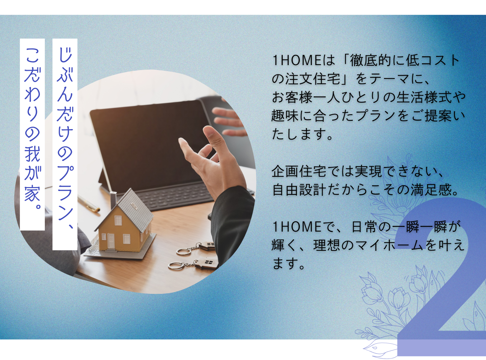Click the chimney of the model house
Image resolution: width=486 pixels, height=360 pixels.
pyautogui.click(x=113, y=200)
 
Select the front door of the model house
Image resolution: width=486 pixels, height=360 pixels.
pyautogui.click(x=111, y=241)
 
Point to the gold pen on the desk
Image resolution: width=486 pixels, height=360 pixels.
pyautogui.click(x=88, y=204)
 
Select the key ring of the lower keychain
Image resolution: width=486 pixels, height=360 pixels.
pyautogui.click(x=176, y=266)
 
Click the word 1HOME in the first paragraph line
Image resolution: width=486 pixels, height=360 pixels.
pyautogui.click(x=297, y=60)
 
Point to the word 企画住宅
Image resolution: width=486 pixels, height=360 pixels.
pyautogui.click(x=299, y=171)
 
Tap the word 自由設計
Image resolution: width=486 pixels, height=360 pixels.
pyautogui.click(x=299, y=190)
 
